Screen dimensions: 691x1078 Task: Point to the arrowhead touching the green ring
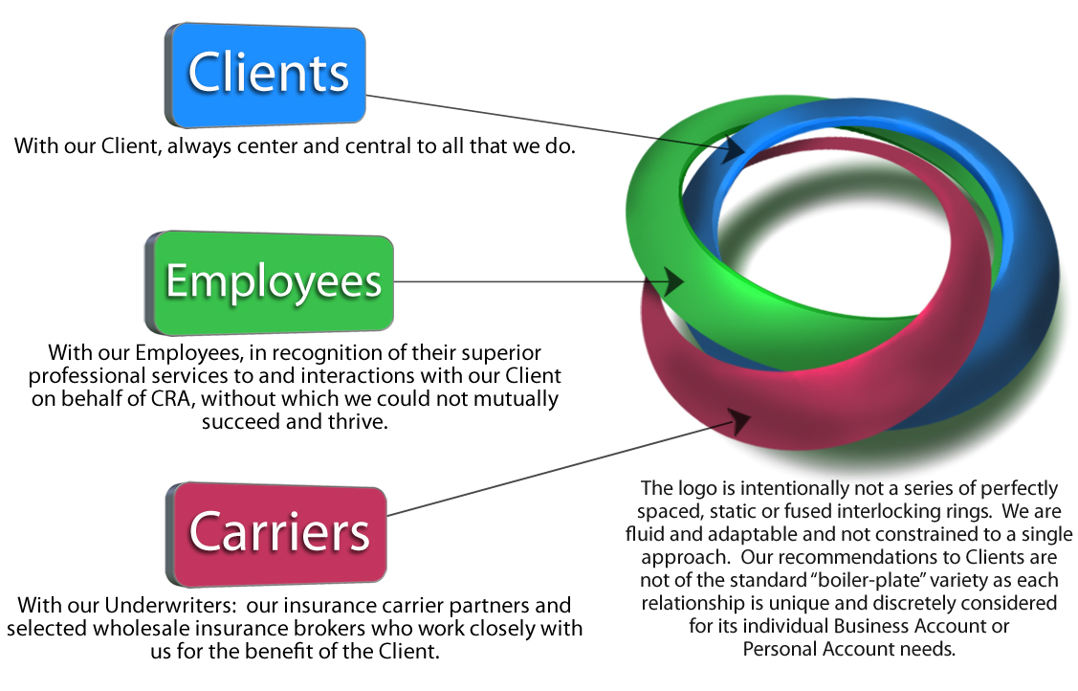tap(671, 282)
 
